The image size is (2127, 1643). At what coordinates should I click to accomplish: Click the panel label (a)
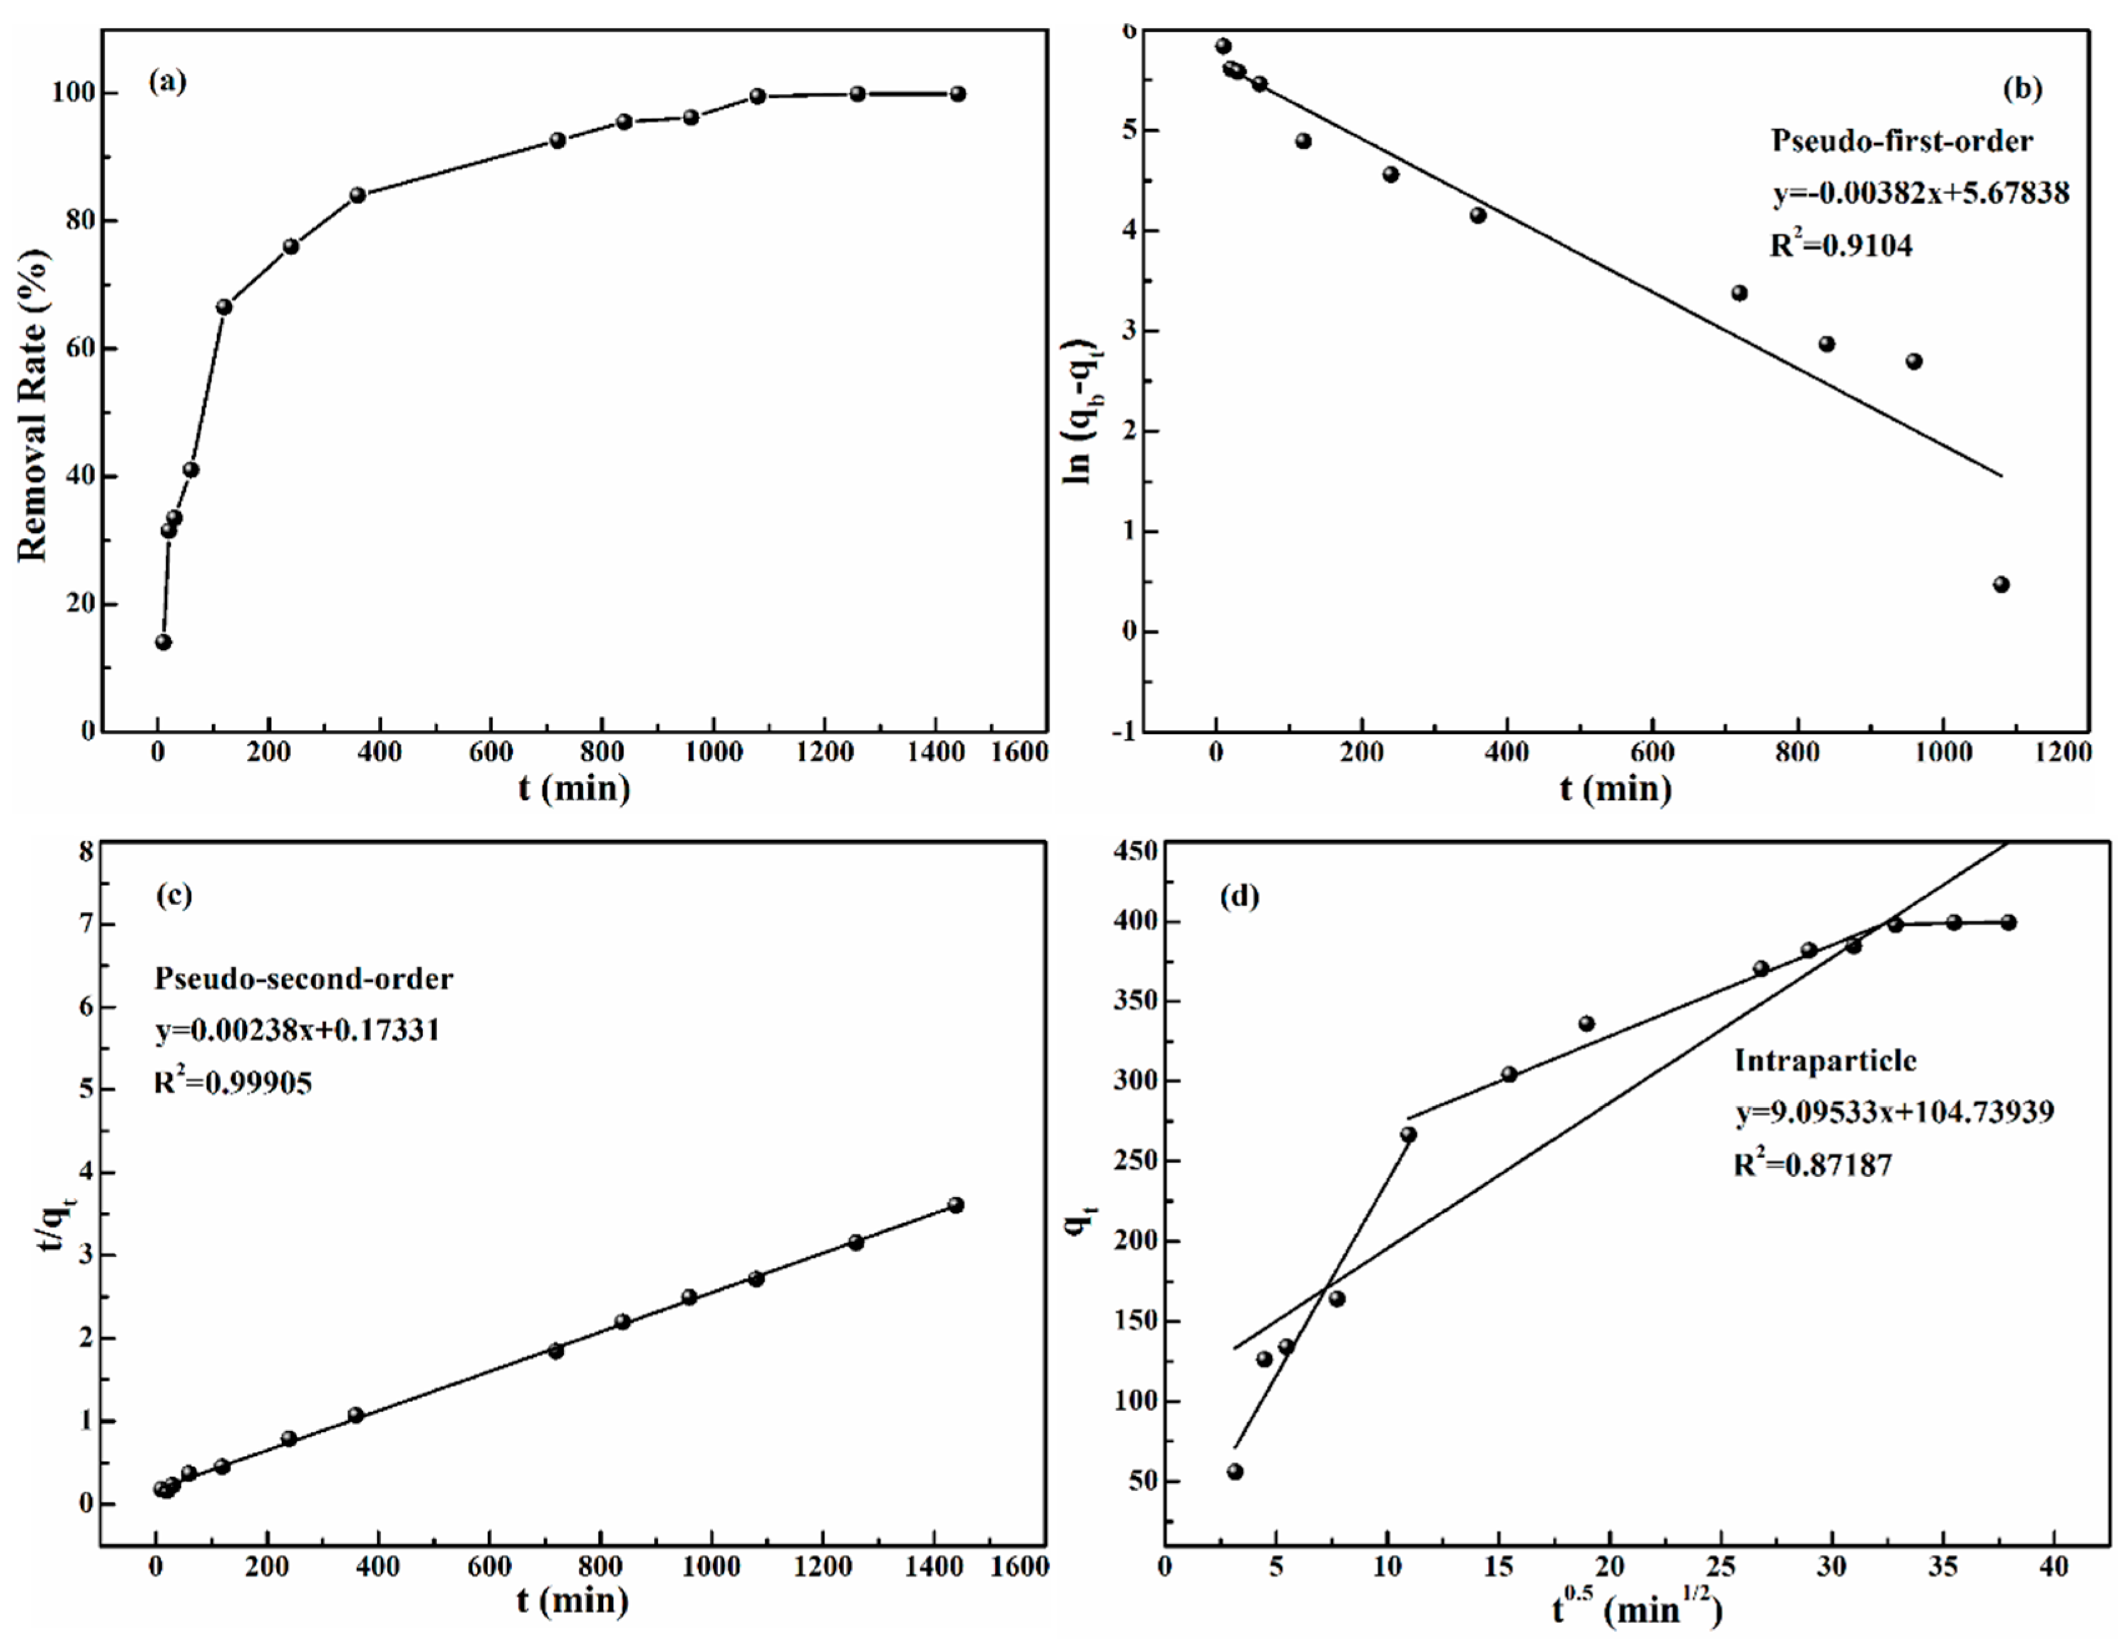(167, 82)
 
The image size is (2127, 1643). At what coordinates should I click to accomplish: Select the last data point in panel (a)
(957, 94)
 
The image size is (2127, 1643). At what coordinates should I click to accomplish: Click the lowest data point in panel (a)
(164, 642)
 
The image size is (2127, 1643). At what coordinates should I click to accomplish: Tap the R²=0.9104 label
(1841, 245)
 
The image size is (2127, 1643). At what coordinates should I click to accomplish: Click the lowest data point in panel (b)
(2002, 584)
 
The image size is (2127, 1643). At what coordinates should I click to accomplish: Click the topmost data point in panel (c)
(956, 1205)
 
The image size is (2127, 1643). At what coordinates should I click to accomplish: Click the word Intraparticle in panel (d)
(1824, 1060)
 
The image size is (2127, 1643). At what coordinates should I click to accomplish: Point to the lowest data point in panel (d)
(1235, 1471)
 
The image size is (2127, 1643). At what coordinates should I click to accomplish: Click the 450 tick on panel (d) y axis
(1135, 851)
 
